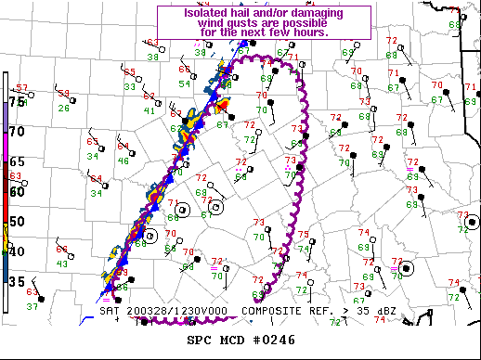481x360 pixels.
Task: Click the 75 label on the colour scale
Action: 17,101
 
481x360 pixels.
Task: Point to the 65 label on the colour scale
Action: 17,161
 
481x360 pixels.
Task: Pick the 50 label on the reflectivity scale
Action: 17,221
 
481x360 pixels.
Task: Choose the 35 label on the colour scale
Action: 17,280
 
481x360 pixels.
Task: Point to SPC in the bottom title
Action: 201,340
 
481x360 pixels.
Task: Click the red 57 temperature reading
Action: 21,88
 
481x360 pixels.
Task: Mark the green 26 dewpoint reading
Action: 63,108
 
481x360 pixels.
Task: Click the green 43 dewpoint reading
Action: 61,264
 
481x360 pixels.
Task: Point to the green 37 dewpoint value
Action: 32,305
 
